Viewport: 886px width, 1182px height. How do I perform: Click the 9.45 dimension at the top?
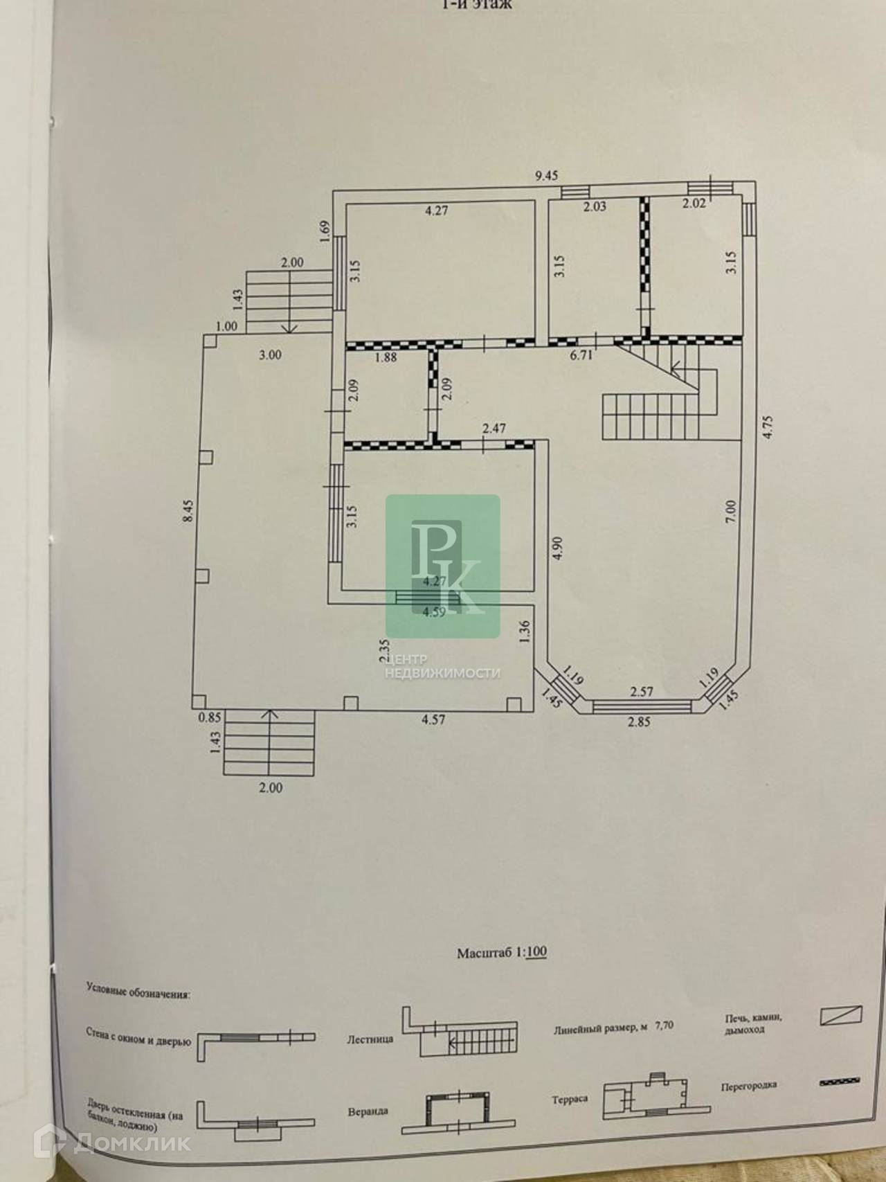coord(546,176)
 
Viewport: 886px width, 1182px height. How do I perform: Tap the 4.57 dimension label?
coord(434,719)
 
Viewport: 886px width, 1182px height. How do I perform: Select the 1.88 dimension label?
coord(386,357)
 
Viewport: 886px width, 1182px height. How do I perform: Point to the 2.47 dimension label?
coord(494,429)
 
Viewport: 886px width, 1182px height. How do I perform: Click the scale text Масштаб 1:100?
coord(502,953)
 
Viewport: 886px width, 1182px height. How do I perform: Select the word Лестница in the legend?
coord(370,1039)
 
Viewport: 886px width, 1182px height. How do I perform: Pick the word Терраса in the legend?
coord(570,1099)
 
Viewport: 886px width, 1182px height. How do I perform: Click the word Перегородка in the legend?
coord(748,1085)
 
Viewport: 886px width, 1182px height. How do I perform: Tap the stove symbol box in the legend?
coord(841,1016)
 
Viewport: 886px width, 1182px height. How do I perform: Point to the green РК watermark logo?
coord(443,566)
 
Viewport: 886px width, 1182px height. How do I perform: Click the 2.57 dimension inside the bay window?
coord(642,690)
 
